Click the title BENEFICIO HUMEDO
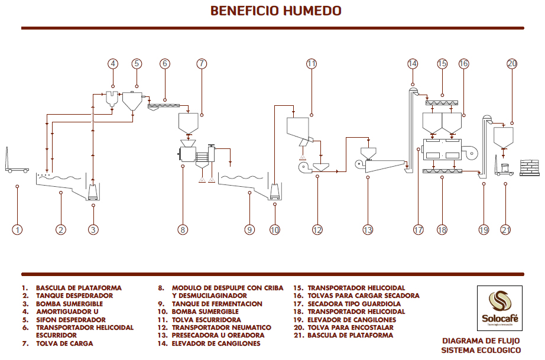[x=276, y=11]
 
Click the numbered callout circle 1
[x=18, y=230]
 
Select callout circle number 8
[x=183, y=230]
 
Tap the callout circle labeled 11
[x=312, y=64]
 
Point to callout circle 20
[x=512, y=64]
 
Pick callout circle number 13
[x=368, y=230]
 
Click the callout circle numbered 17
[x=419, y=230]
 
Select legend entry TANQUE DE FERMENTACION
[x=217, y=303]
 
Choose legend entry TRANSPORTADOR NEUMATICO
[x=222, y=327]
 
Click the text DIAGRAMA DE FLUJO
[x=481, y=341]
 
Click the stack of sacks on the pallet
[x=531, y=167]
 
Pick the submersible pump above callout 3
[x=93, y=192]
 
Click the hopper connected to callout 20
[x=503, y=138]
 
